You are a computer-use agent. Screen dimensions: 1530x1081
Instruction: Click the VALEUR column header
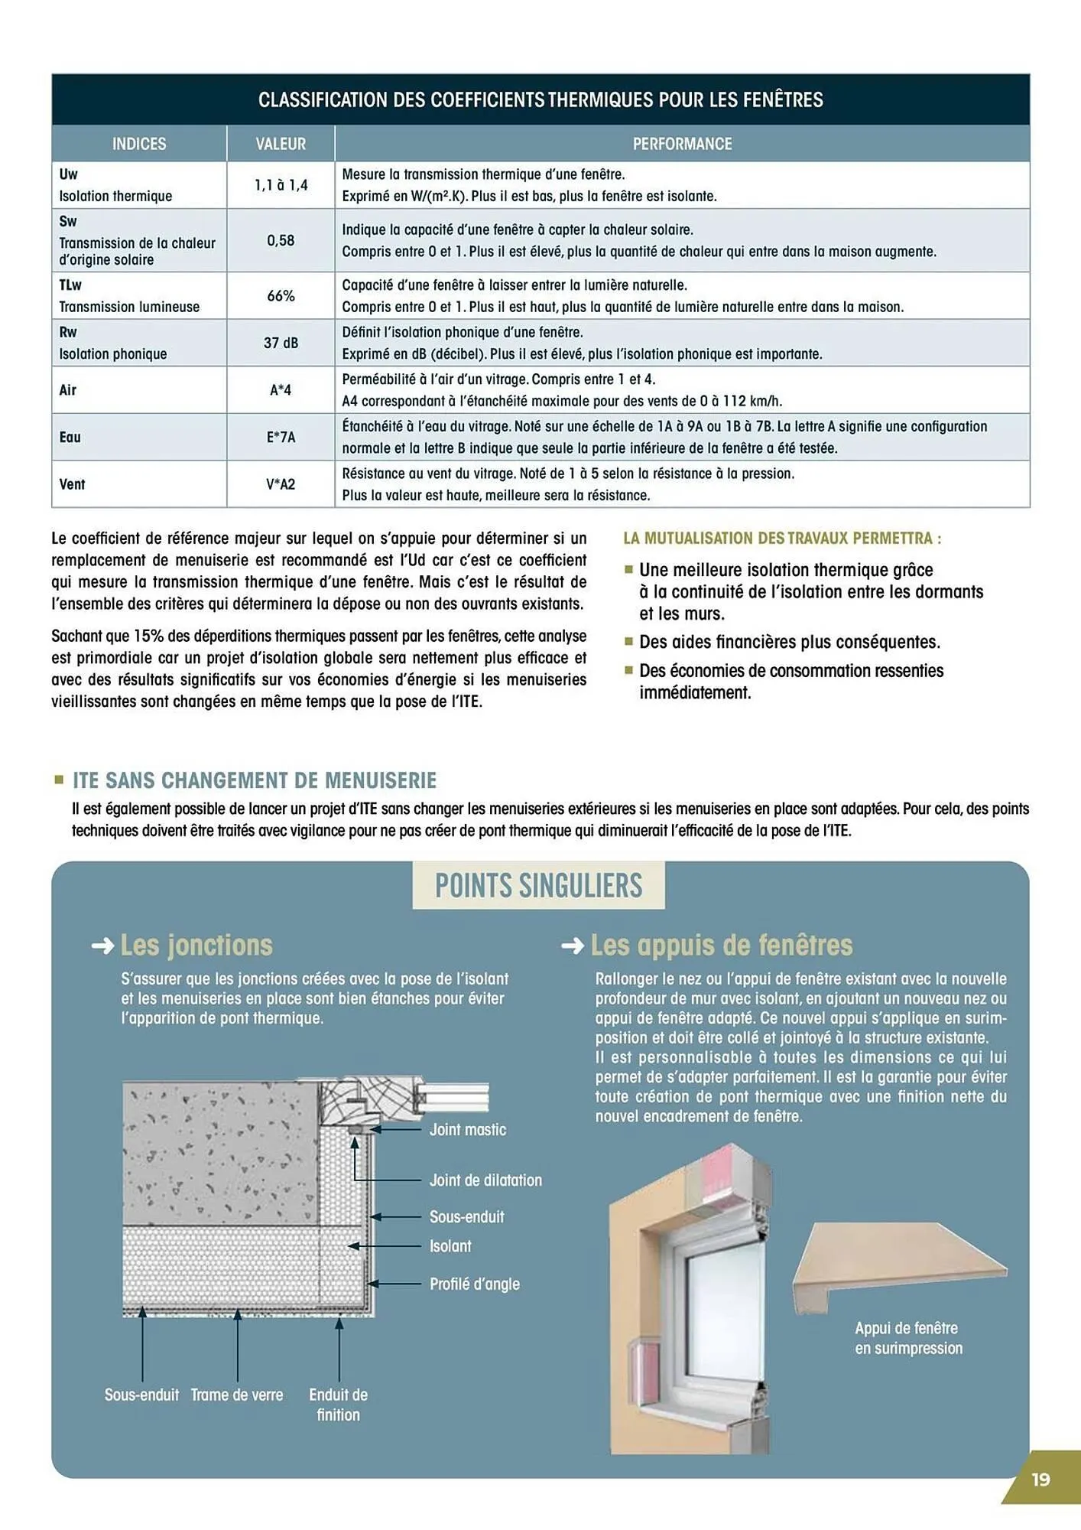coord(281,144)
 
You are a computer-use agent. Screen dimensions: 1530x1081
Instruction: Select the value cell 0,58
coord(281,240)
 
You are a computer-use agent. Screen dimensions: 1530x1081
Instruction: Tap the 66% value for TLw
coord(281,296)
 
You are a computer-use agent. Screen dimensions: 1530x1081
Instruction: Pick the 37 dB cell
coord(281,343)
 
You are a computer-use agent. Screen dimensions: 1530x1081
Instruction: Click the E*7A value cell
coord(281,438)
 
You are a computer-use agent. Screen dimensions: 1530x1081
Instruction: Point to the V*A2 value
coord(281,484)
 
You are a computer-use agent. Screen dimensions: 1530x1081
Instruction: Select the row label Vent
coord(73,484)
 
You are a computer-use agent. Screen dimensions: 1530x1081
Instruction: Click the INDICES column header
coord(139,144)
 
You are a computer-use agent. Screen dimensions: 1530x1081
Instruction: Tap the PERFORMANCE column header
coord(682,144)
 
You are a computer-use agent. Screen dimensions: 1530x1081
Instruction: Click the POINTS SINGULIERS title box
coord(538,886)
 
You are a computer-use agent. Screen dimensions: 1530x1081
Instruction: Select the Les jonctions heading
coord(196,946)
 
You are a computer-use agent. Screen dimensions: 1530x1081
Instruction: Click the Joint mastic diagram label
coord(467,1130)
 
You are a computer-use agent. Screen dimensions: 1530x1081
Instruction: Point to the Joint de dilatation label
coord(485,1180)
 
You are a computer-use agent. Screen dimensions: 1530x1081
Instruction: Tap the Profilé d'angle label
coord(474,1284)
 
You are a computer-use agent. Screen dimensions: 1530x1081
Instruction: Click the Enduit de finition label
coord(338,1405)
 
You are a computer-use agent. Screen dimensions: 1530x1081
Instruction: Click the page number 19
coord(1040,1480)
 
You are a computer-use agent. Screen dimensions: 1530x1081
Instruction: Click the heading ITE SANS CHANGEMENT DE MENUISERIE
coord(255,780)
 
